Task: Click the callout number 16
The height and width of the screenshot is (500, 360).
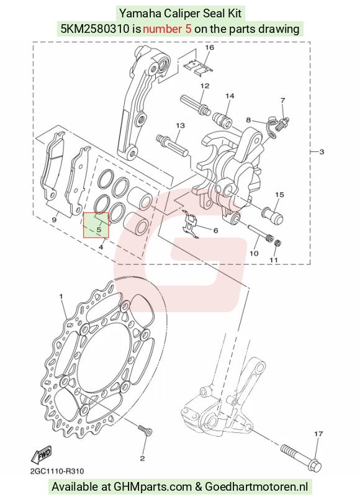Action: point(209,48)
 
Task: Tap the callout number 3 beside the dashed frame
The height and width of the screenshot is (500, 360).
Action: point(322,152)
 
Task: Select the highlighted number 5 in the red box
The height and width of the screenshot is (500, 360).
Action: point(99,230)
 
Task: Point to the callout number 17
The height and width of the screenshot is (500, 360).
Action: point(318,434)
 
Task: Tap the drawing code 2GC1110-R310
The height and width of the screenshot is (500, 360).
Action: point(57,471)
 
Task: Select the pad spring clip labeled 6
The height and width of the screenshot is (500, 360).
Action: point(191,223)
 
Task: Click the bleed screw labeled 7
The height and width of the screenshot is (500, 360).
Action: point(283,122)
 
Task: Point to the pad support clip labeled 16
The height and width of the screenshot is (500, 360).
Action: point(198,67)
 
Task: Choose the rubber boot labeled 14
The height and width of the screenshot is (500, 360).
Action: point(223,119)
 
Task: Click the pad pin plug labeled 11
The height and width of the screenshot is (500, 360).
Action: point(277,243)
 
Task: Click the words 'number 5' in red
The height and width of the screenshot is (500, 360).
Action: point(167,29)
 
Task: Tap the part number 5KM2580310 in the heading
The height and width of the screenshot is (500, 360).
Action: point(95,29)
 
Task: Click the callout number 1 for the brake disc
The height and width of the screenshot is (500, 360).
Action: point(61,297)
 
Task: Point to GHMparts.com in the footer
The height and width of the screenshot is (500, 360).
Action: point(153,486)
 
